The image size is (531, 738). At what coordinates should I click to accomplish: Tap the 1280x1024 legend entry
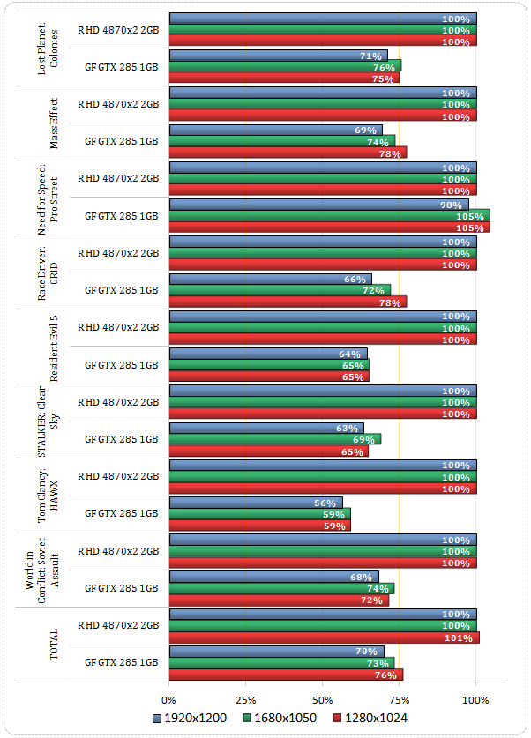371,719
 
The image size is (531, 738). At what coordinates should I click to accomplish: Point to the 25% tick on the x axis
246,699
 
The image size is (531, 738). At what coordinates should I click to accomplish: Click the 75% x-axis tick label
400,699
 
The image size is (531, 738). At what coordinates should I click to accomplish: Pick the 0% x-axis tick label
169,699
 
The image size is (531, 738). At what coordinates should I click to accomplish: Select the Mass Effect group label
54,123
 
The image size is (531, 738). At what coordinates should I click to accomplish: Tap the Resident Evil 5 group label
54,347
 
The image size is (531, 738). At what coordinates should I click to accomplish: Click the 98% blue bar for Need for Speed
318,205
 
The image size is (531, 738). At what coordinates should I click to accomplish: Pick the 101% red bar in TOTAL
324,637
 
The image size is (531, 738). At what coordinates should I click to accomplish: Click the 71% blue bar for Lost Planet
278,56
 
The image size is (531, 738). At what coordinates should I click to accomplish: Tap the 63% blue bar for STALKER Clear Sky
266,429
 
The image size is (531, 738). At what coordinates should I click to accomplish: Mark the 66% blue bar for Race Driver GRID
271,280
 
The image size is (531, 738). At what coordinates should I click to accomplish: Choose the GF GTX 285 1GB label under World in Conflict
121,587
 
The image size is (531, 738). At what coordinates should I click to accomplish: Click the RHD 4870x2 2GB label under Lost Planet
118,29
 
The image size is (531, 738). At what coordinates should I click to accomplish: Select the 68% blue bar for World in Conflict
273,578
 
